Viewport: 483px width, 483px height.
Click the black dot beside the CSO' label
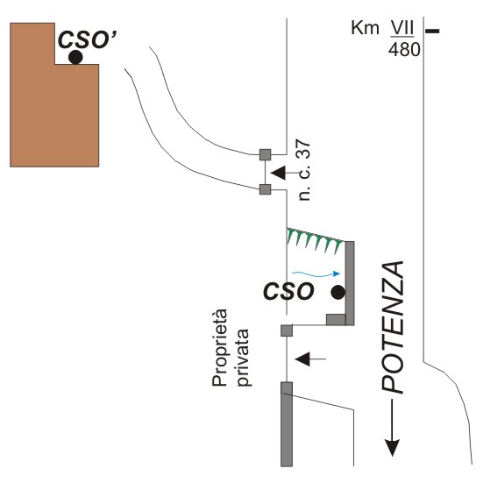click(x=75, y=57)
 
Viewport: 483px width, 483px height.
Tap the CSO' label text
click(x=88, y=40)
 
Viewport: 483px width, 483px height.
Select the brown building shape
click(x=54, y=95)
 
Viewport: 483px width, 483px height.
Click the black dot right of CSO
click(x=337, y=292)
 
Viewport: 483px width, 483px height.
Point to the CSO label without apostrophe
click(x=288, y=291)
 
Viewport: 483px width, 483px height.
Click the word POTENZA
click(x=393, y=327)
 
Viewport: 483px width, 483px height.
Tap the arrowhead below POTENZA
click(x=392, y=447)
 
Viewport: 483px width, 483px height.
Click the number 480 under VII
click(x=404, y=49)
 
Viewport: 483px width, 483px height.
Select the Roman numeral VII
click(x=402, y=28)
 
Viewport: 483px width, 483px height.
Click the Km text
click(x=365, y=28)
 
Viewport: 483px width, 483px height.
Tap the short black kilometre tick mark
click(x=432, y=31)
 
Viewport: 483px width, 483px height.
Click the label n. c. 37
click(x=304, y=170)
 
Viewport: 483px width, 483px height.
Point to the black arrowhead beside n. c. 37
click(x=279, y=173)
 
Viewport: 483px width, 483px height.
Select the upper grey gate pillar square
click(x=266, y=154)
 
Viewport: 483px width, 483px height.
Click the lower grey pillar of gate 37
click(x=266, y=189)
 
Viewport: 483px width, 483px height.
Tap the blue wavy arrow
click(x=316, y=273)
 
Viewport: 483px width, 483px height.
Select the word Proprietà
click(x=220, y=347)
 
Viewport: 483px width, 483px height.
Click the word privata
click(x=243, y=358)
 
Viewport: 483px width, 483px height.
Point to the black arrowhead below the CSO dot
click(x=302, y=359)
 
